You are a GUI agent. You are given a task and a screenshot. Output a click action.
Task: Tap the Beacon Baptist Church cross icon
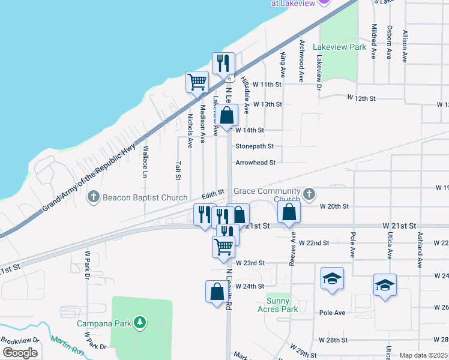pyautogui.click(x=94, y=196)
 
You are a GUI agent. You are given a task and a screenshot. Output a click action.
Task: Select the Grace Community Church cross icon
pyautogui.click(x=309, y=193)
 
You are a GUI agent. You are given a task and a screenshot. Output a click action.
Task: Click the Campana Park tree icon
pyautogui.click(x=140, y=323)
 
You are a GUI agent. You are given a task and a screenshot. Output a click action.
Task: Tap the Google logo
pyautogui.click(x=20, y=353)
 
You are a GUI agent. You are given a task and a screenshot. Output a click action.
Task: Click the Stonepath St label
pyautogui.click(x=255, y=146)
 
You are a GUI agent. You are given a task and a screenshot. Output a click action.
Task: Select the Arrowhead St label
pyautogui.click(x=255, y=163)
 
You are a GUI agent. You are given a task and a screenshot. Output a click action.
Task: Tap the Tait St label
pyautogui.click(x=178, y=170)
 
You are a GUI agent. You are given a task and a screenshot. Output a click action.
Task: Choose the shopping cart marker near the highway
pyautogui.click(x=197, y=82)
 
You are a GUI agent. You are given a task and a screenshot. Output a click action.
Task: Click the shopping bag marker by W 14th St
pyautogui.click(x=227, y=115)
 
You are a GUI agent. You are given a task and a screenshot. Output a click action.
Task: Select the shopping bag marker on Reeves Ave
pyautogui.click(x=289, y=211)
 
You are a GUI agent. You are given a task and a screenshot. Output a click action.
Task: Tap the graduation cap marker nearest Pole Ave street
pyautogui.click(x=332, y=278)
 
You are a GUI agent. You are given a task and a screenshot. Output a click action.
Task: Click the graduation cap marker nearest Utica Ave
pyautogui.click(x=385, y=284)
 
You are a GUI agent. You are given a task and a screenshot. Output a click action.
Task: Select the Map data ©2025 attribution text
pyautogui.click(x=424, y=355)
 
